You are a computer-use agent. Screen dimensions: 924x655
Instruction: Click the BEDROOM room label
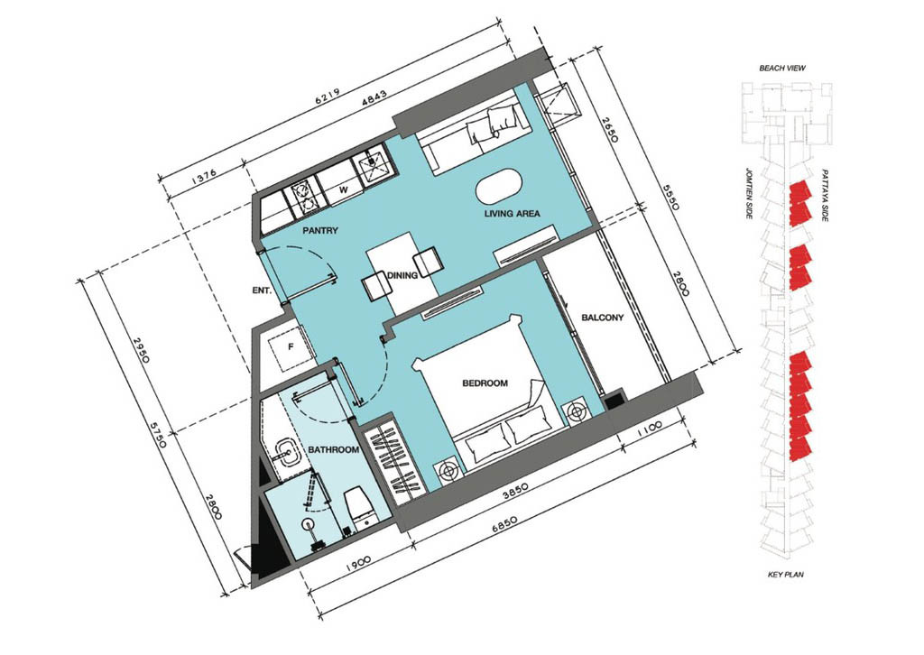click(x=485, y=383)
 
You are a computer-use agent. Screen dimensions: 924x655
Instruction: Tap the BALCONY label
click(x=602, y=318)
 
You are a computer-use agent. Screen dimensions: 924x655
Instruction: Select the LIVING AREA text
click(x=513, y=214)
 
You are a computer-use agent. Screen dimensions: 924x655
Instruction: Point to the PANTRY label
click(x=320, y=230)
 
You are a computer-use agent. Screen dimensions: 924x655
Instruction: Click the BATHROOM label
click(x=334, y=450)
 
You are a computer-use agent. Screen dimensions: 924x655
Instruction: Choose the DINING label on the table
click(x=402, y=275)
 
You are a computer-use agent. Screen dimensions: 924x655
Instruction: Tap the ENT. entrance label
click(x=262, y=290)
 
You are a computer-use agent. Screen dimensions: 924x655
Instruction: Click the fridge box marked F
click(x=290, y=347)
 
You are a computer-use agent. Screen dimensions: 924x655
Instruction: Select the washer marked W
click(x=339, y=189)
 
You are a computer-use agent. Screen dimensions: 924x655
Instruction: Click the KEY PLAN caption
click(x=786, y=575)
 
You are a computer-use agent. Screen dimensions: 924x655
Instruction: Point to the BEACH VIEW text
click(x=782, y=69)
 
